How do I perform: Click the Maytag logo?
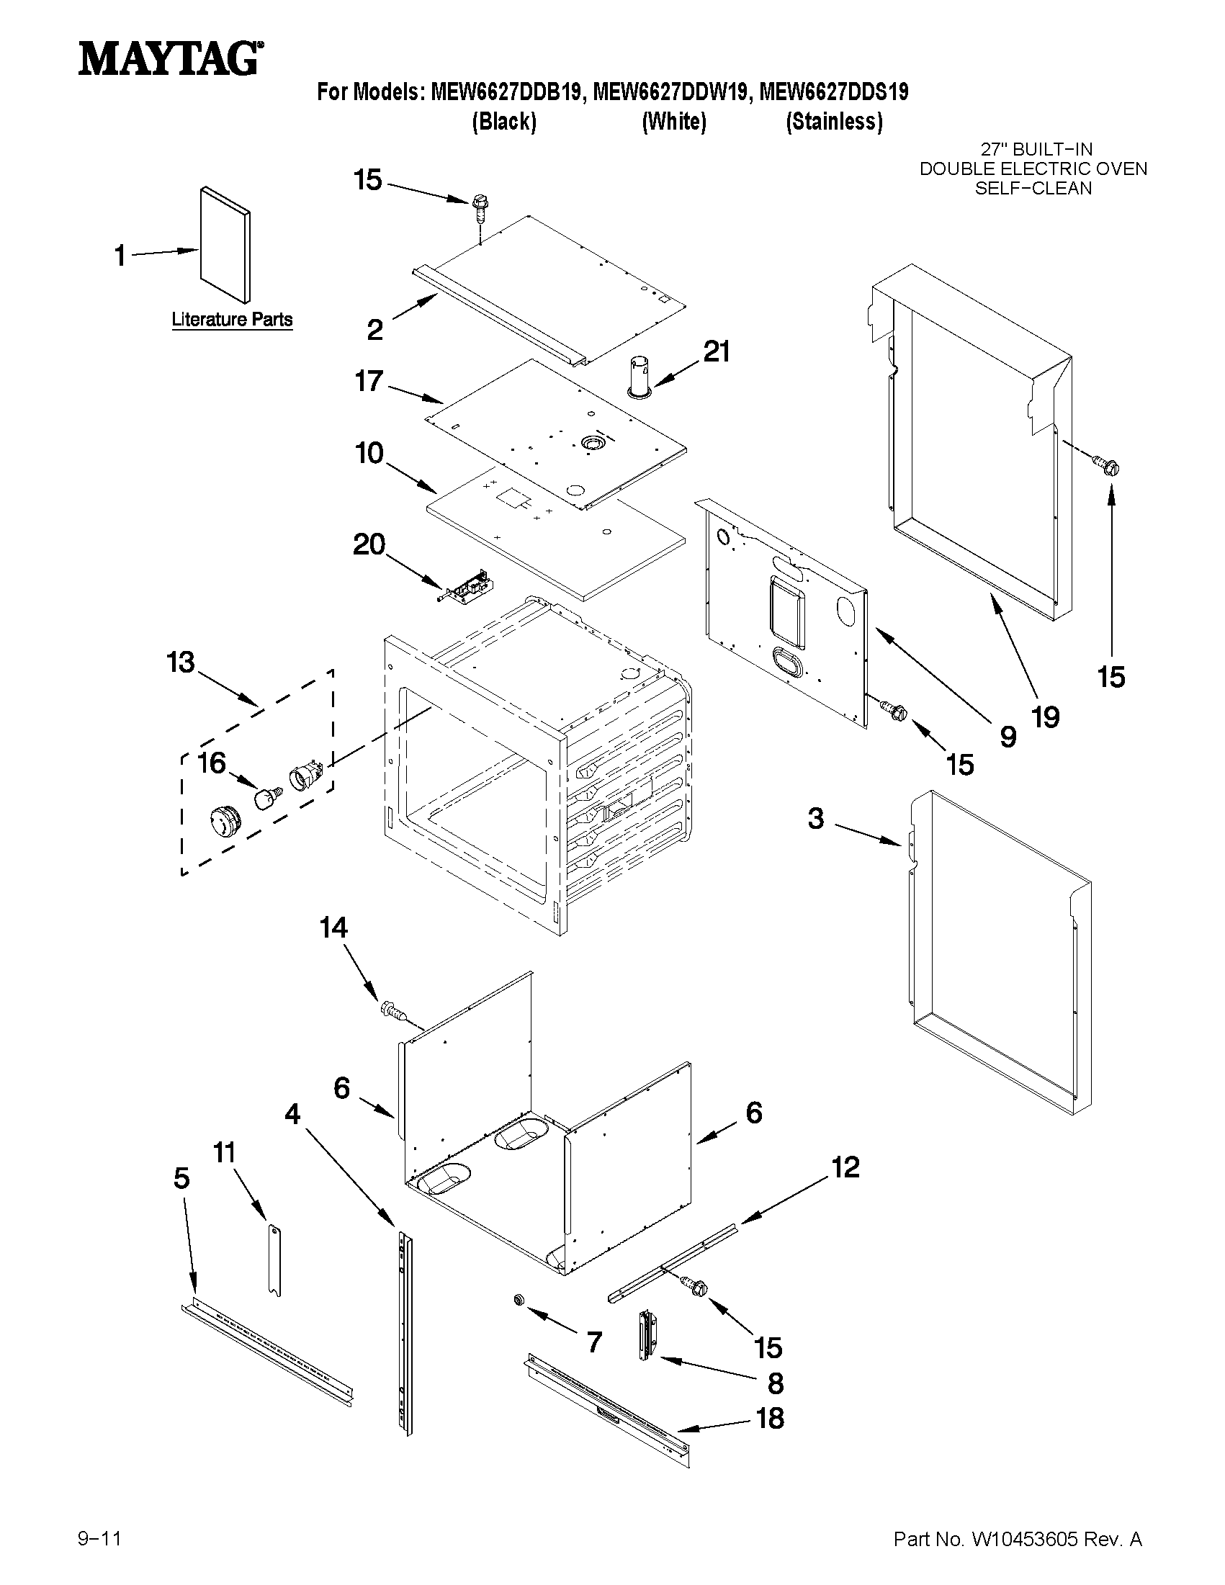[x=170, y=58]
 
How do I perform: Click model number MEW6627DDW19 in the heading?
[x=670, y=92]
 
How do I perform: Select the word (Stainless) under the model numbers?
[x=834, y=121]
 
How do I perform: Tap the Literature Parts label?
[x=231, y=319]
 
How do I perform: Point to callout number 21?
[x=717, y=352]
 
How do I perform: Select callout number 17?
[x=369, y=381]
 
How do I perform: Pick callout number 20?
[x=369, y=544]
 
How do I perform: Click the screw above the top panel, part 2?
[x=479, y=207]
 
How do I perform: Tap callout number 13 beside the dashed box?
[x=181, y=662]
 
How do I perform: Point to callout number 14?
[x=334, y=928]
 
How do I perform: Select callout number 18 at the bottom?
[x=770, y=1418]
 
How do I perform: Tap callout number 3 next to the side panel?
[x=816, y=819]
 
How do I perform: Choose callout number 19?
[x=1046, y=717]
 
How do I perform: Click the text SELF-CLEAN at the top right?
[x=1033, y=189]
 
